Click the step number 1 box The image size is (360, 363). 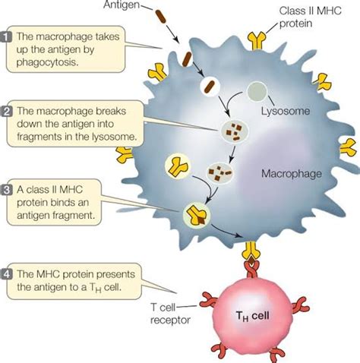click(x=7, y=36)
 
